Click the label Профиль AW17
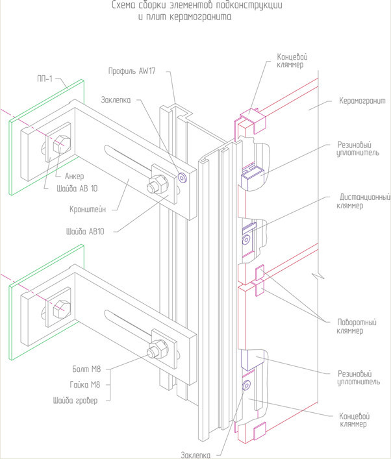pyautogui.click(x=132, y=71)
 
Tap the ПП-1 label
pyautogui.click(x=45, y=79)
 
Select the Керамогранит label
pyautogui.click(x=362, y=101)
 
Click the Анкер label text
pyautogui.click(x=75, y=176)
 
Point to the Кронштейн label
pyautogui.click(x=88, y=210)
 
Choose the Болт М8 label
pyautogui.click(x=86, y=369)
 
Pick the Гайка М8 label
pyautogui.click(x=85, y=384)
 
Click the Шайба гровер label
pyautogui.click(x=75, y=401)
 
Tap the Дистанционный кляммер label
pyautogui.click(x=363, y=201)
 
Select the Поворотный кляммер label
pyautogui.click(x=357, y=327)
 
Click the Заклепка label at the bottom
pyautogui.click(x=195, y=455)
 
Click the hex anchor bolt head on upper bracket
pyautogui.click(x=61, y=143)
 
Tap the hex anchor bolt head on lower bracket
pyautogui.click(x=62, y=309)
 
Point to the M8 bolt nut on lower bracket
pyautogui.click(x=157, y=349)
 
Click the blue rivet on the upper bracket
pyautogui.click(x=182, y=177)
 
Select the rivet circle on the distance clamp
pyautogui.click(x=246, y=240)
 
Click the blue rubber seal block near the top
pyautogui.click(x=253, y=178)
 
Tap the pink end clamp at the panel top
pyautogui.click(x=252, y=120)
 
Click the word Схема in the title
pyautogui.click(x=123, y=5)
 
